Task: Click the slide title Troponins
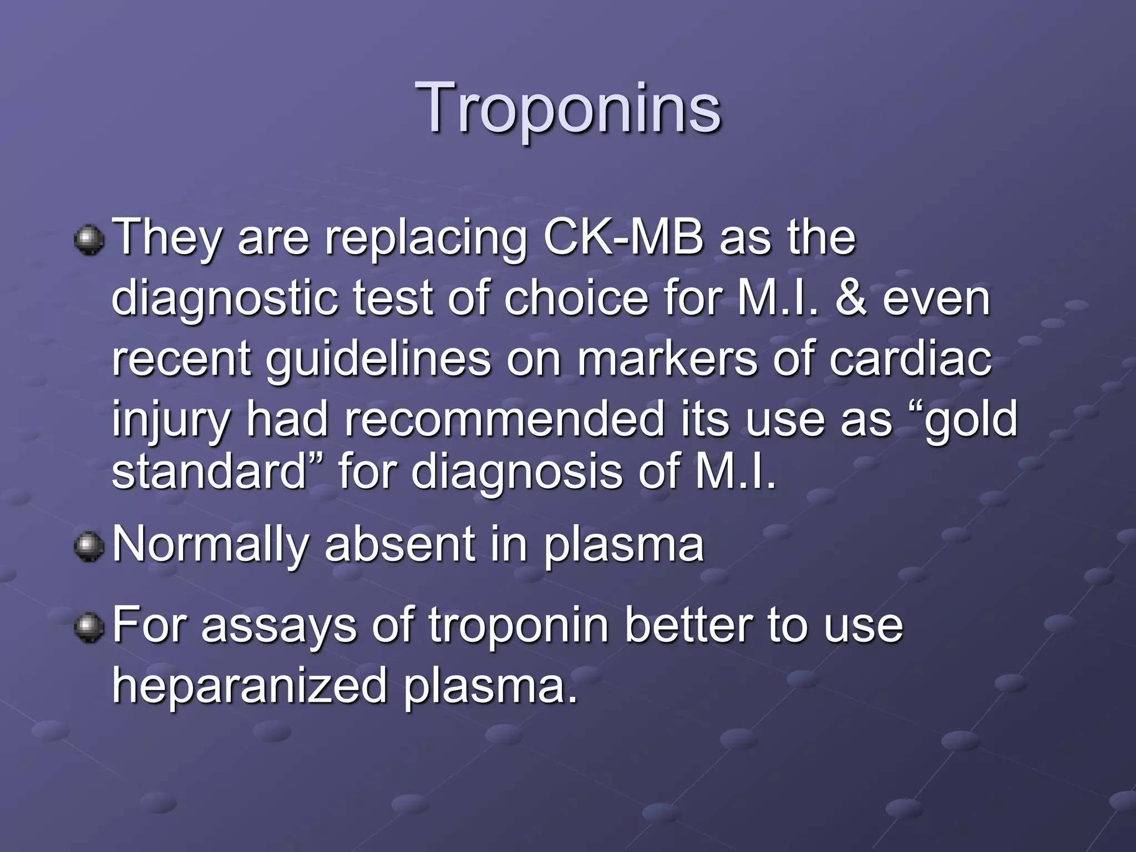571,108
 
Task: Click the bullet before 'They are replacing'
89,240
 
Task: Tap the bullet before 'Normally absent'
89,546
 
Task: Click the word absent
399,545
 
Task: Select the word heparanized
249,687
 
